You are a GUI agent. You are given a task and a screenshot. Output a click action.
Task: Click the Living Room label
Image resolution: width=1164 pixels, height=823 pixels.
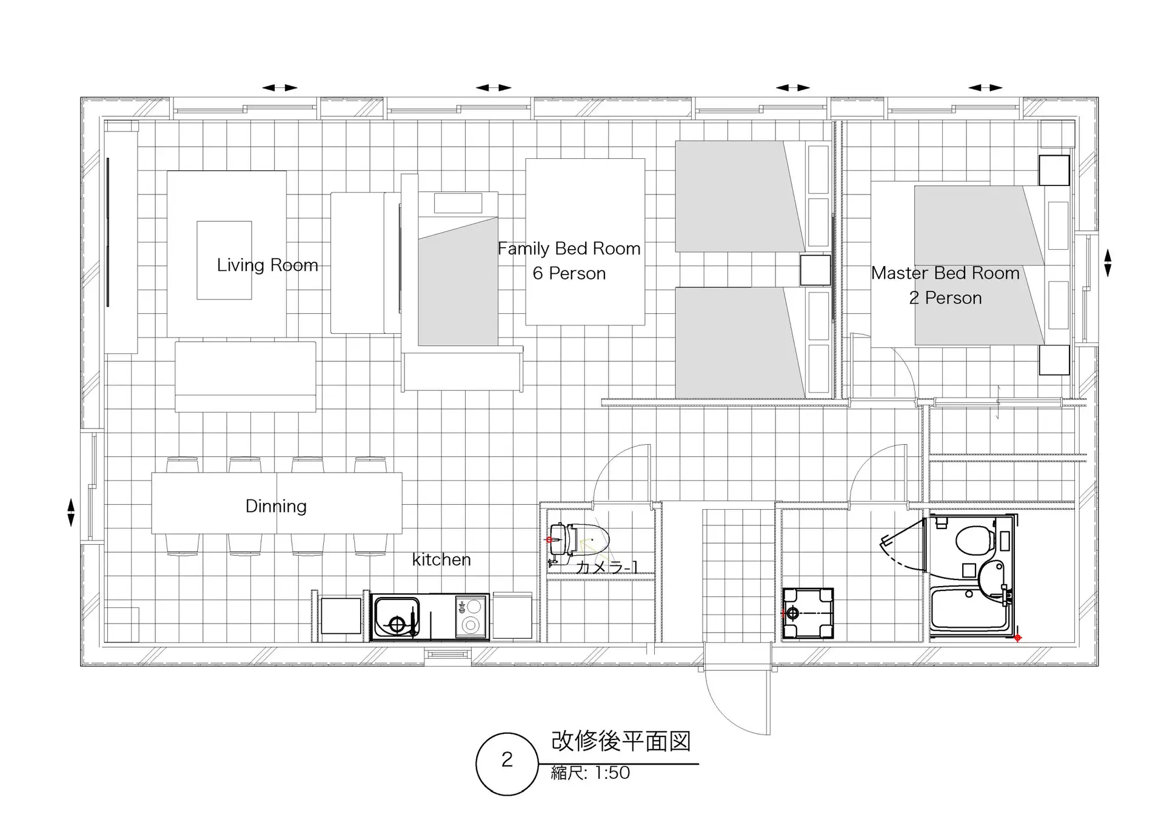click(267, 265)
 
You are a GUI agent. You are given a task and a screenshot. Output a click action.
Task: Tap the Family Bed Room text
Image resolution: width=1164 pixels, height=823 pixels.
click(569, 248)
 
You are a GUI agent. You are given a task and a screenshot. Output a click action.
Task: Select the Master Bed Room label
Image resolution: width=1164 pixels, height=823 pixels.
click(945, 273)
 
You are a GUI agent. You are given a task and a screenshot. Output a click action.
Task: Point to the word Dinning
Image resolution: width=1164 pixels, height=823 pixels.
click(276, 506)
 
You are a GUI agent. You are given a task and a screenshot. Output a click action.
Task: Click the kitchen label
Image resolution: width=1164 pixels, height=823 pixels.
click(441, 559)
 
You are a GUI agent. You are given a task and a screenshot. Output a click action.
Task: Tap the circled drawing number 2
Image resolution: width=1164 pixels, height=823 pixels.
click(507, 760)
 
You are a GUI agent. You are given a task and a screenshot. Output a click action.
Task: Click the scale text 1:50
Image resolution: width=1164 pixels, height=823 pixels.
click(612, 773)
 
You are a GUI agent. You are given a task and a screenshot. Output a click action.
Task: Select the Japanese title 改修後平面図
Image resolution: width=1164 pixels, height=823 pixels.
click(621, 741)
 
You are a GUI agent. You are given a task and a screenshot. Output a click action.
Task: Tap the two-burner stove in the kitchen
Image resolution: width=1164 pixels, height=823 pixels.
click(470, 616)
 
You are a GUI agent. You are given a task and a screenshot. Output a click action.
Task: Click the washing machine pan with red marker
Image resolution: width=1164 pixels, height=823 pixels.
click(808, 613)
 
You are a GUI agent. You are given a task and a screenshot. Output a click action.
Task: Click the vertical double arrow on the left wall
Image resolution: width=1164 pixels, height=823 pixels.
click(71, 512)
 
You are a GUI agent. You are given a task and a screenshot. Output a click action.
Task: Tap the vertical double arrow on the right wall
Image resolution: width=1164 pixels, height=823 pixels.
click(1108, 263)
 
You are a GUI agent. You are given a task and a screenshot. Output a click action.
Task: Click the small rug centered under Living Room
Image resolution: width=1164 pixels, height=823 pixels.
click(224, 260)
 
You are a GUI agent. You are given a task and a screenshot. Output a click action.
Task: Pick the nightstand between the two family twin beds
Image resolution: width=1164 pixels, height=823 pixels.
click(815, 270)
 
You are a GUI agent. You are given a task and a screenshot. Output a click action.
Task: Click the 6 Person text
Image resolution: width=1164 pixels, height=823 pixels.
click(569, 274)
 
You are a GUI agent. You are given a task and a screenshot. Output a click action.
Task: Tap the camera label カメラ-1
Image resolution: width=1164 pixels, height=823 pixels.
click(607, 567)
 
